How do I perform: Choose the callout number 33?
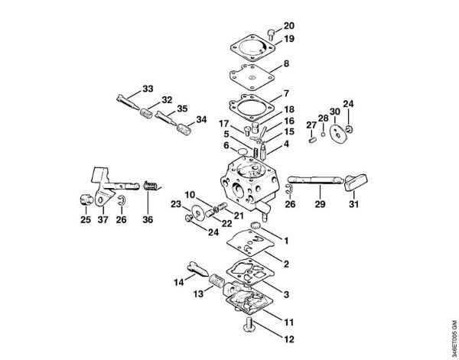tap(148, 89)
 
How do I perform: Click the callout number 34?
tap(201, 119)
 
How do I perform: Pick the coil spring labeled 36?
tap(151, 186)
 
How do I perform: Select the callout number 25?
tap(84, 220)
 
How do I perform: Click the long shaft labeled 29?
tap(318, 182)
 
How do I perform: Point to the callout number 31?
tap(354, 204)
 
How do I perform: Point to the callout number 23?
tap(175, 205)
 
